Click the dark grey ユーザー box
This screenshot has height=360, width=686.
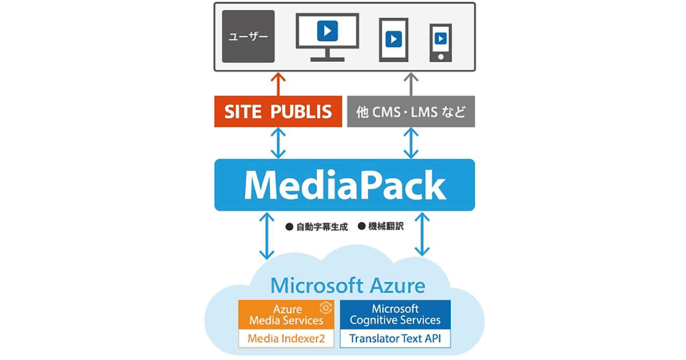click(x=248, y=36)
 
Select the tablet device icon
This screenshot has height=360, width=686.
click(x=393, y=39)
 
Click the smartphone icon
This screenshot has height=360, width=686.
click(x=440, y=42)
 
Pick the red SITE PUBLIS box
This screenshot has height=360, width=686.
click(x=278, y=111)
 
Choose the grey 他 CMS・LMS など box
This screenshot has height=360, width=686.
click(x=411, y=111)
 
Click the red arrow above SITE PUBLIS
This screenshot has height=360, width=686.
click(x=278, y=83)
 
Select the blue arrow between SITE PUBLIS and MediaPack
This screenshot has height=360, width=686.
click(x=278, y=143)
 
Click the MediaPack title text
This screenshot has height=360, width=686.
click(x=344, y=185)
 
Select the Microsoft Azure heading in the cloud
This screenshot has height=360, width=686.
click(x=348, y=285)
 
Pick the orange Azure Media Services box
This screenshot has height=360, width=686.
click(x=286, y=315)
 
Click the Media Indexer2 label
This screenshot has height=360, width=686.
click(x=286, y=339)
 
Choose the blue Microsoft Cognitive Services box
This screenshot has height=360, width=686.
click(x=395, y=315)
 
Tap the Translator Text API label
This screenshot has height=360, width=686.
click(x=395, y=339)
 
